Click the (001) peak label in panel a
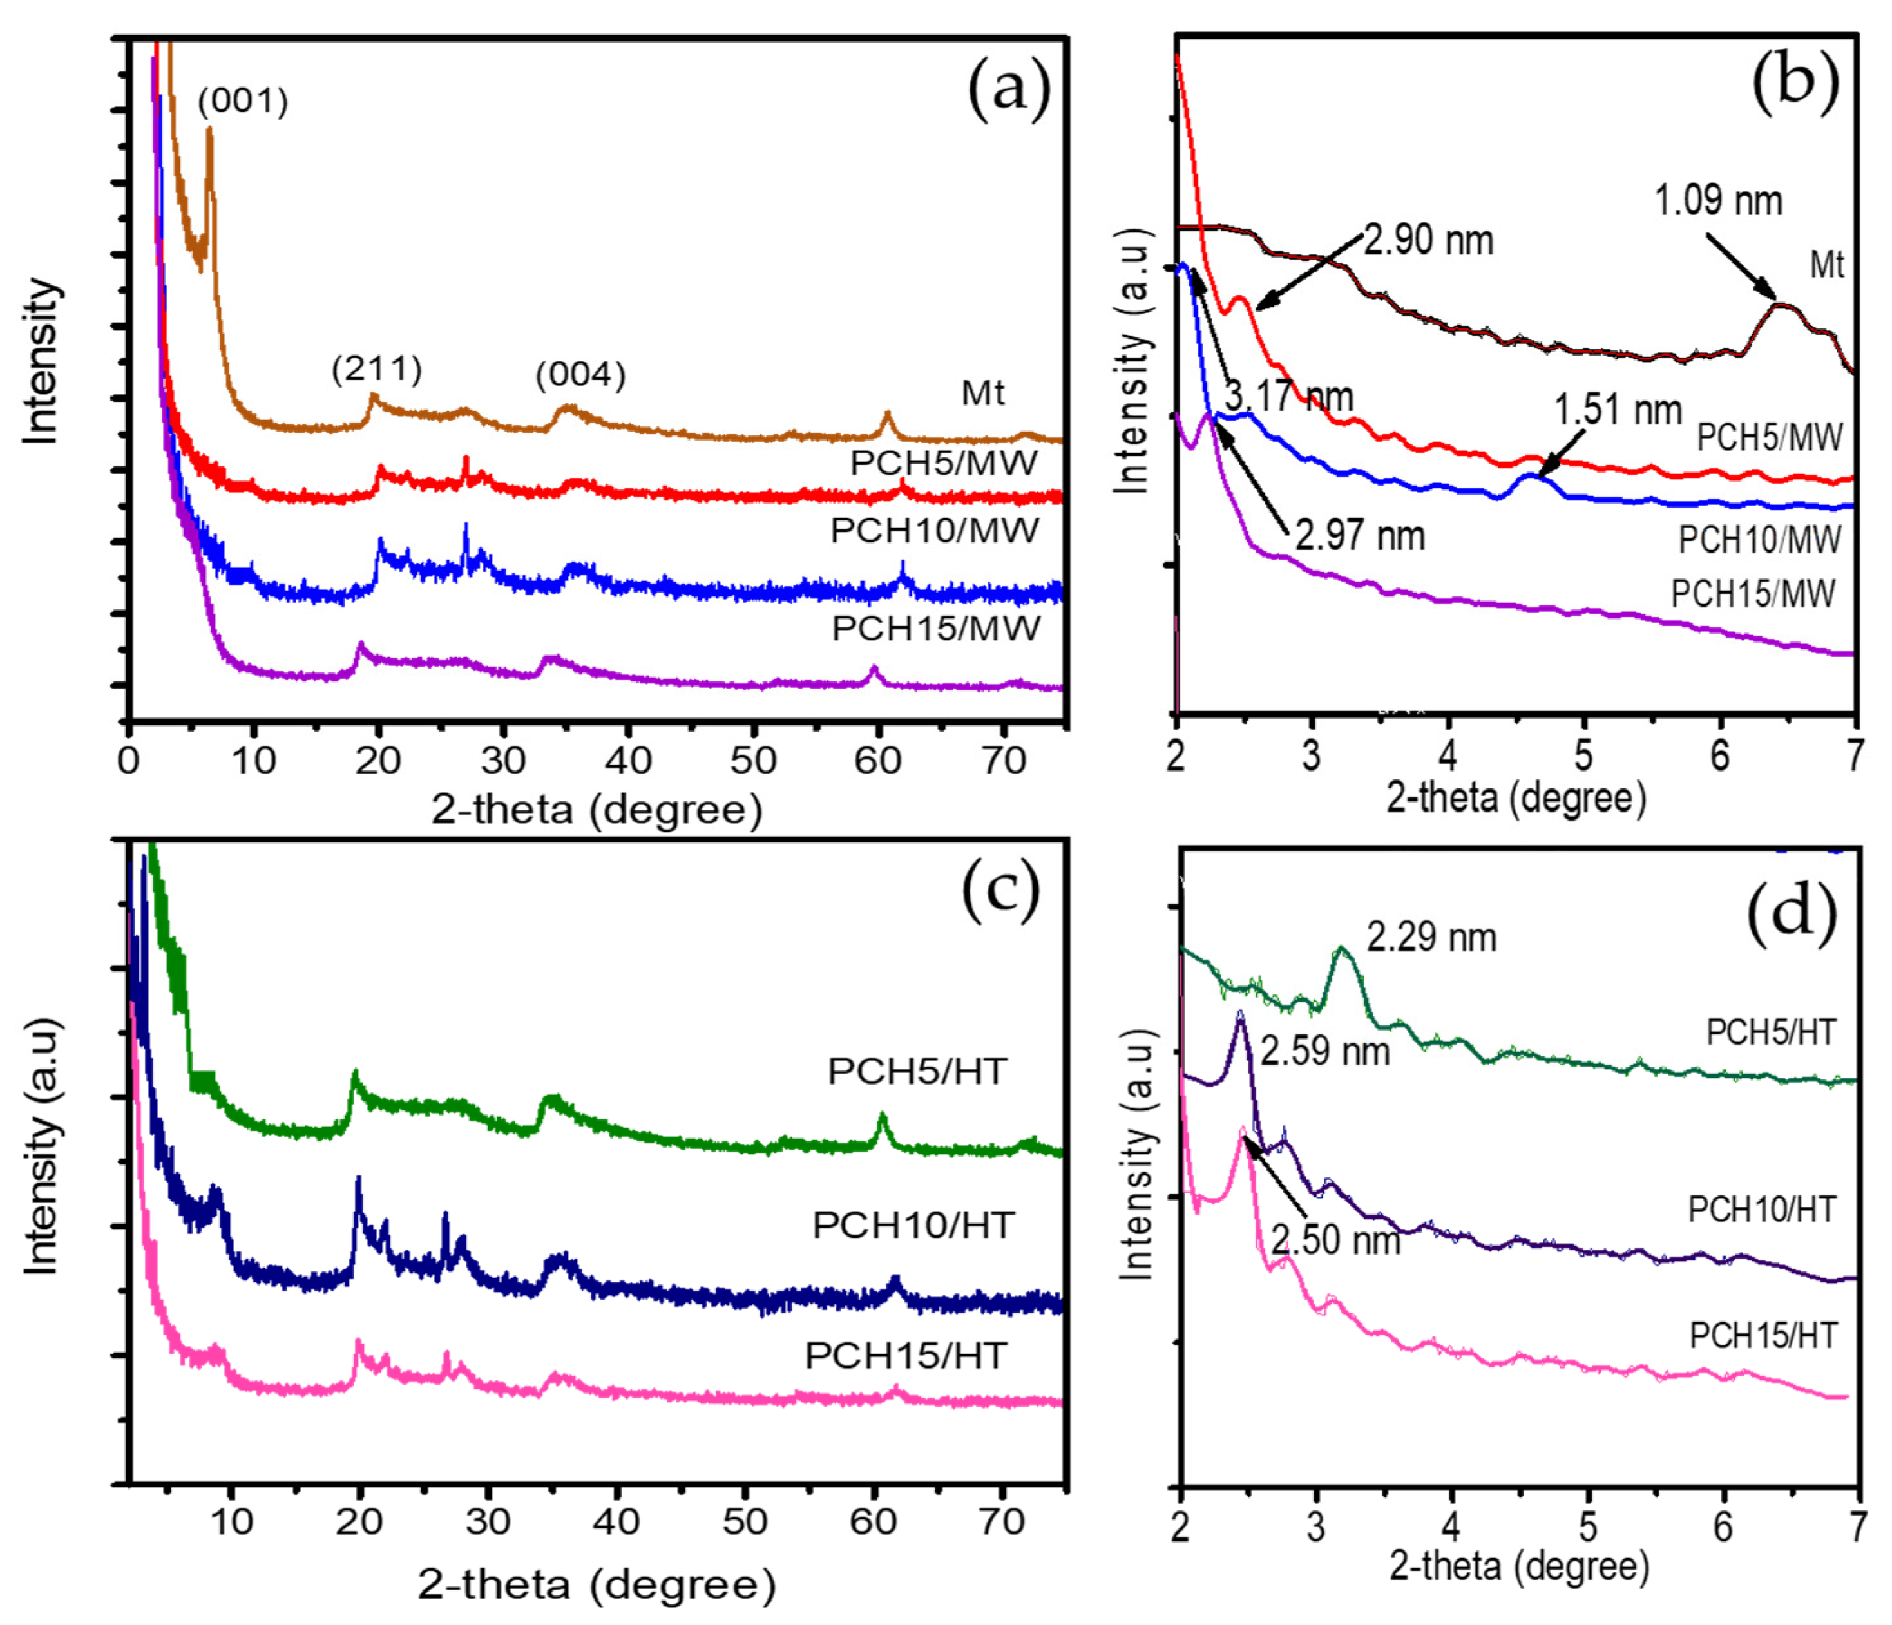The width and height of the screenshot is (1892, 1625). click(243, 100)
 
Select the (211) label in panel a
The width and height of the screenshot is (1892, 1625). click(377, 369)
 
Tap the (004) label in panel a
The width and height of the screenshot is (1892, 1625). click(581, 374)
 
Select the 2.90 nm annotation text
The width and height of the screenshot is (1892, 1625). click(1429, 240)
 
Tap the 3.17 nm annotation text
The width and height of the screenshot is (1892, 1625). click(1288, 395)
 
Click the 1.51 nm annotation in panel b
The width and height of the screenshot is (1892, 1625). click(1618, 409)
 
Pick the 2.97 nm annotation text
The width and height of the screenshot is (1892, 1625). click(1360, 535)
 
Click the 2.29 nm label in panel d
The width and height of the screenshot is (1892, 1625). click(1431, 938)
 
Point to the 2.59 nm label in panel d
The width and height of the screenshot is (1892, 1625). click(1325, 1052)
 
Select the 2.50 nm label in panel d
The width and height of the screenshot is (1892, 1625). click(1335, 1240)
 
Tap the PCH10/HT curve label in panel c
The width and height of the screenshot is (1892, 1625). click(913, 1225)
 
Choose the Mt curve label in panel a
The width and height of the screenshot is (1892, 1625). click(982, 394)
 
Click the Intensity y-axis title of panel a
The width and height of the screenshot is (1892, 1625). click(42, 363)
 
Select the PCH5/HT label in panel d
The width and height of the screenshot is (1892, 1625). click(1770, 1032)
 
